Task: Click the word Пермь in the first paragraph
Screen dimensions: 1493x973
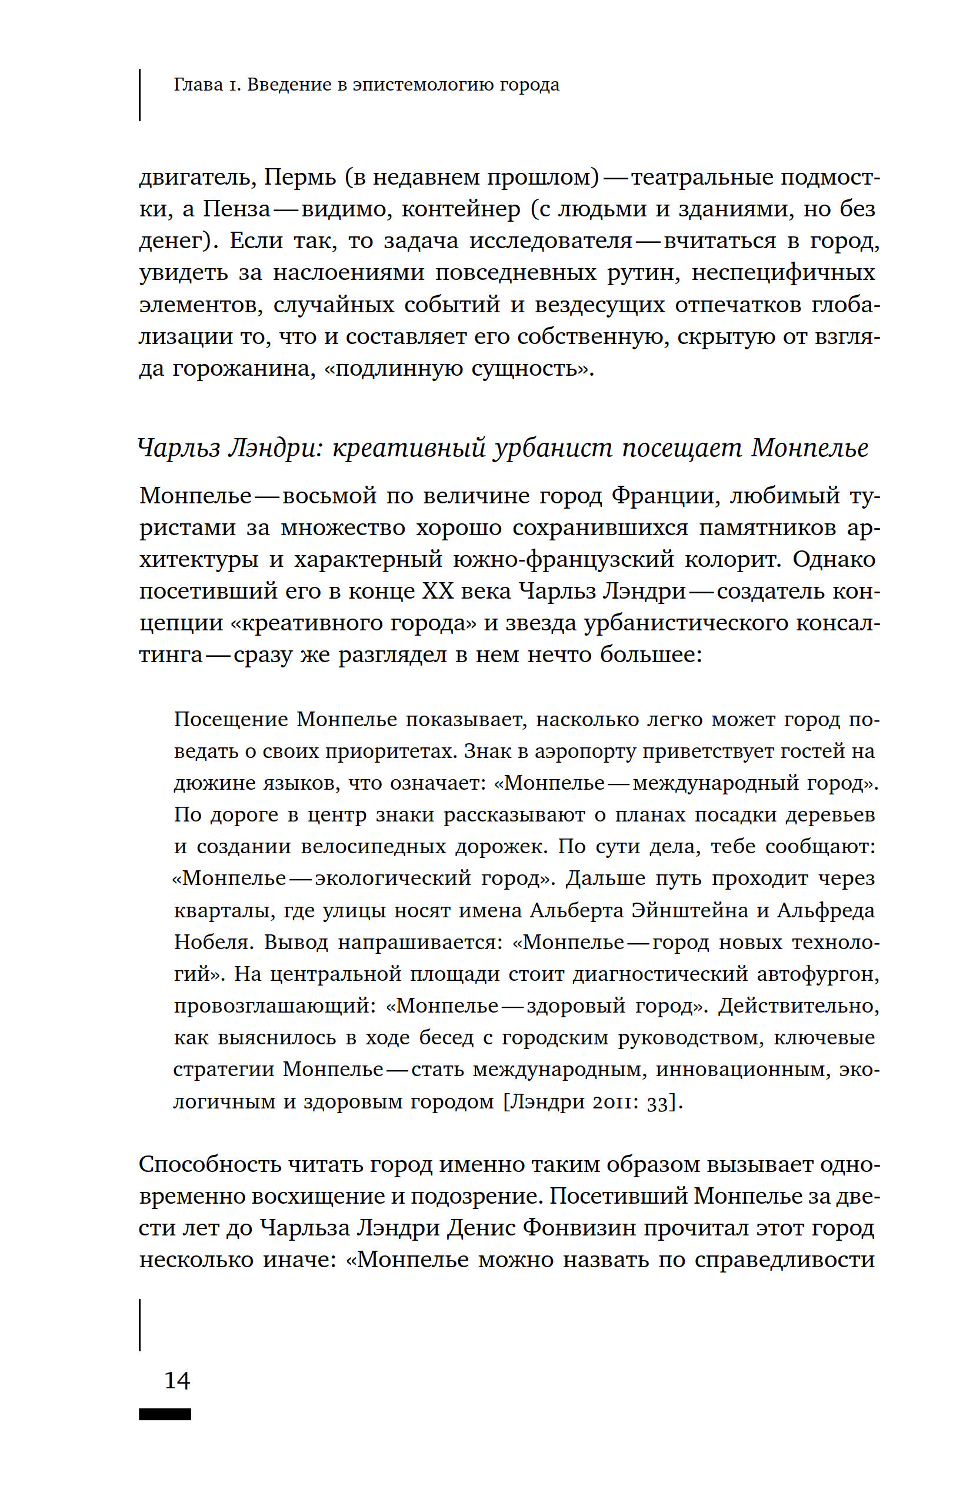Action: point(299,178)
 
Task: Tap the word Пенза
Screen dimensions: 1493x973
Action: point(236,209)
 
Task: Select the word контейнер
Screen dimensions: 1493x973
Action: point(461,209)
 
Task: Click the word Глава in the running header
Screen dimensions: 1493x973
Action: point(198,85)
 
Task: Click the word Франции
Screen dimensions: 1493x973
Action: point(662,496)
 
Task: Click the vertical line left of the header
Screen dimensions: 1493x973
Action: point(139,94)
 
